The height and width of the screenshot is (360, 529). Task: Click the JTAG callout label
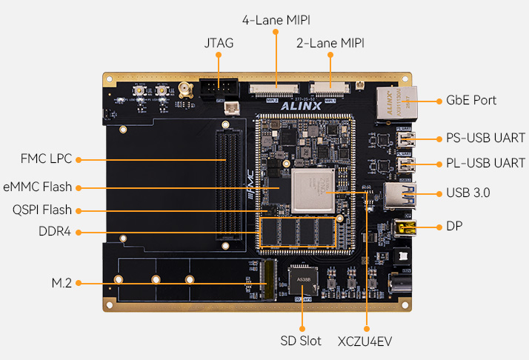point(219,43)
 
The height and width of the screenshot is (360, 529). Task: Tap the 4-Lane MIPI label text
point(276,20)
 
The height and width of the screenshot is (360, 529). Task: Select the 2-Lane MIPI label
point(330,43)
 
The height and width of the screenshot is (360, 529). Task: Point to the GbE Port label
point(471,100)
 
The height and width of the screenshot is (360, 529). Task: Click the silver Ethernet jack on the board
point(397,103)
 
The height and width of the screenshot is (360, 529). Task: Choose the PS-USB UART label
point(485,138)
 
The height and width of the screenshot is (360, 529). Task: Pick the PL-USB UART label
point(485,163)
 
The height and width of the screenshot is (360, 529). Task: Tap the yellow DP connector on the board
point(405,227)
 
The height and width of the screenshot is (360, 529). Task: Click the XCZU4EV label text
point(365,341)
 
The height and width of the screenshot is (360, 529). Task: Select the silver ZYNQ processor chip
point(313,191)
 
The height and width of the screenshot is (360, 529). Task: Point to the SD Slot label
point(301,341)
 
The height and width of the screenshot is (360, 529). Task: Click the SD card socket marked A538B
point(303,280)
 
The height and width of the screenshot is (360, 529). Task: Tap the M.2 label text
point(61,283)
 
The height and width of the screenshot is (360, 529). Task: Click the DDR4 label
point(55,231)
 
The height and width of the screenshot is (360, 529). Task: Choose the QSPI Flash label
point(42,210)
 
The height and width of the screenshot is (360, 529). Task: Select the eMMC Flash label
point(38,187)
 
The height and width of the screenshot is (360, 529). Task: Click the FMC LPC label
point(46,159)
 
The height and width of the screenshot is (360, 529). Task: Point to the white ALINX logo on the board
point(301,106)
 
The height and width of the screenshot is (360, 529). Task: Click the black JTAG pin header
point(219,87)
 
